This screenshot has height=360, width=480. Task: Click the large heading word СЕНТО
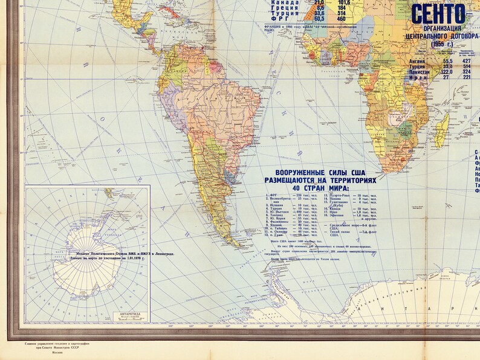coord(438,14)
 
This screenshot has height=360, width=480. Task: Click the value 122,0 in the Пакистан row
coord(447,71)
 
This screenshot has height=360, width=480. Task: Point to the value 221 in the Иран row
coord(466,77)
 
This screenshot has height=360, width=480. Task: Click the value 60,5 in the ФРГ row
coord(319,19)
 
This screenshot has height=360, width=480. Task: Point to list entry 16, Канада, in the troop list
coord(342,208)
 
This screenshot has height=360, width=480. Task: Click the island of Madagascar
coord(442,131)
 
